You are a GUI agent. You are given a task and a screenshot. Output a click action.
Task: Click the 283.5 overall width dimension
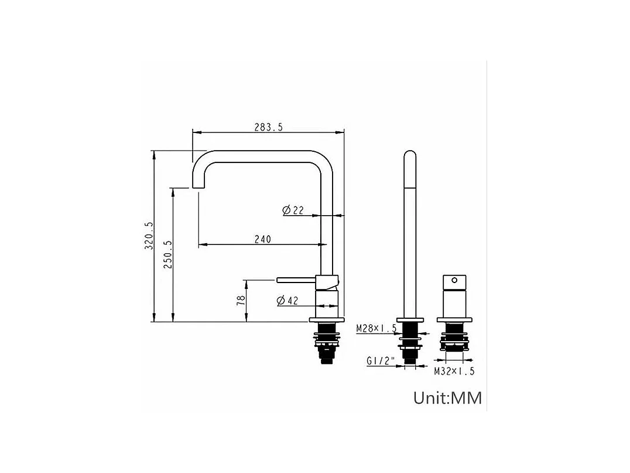pos(268,127)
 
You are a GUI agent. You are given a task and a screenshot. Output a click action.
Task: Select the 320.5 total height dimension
pos(148,236)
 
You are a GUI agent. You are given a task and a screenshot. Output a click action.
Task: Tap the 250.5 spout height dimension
pos(168,254)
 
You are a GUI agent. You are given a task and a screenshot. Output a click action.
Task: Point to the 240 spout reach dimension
pos(262,239)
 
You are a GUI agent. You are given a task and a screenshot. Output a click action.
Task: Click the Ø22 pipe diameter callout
pos(293,210)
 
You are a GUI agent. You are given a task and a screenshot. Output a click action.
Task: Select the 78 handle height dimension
pos(241,301)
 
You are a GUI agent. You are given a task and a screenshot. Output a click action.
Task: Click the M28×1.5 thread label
pos(376,329)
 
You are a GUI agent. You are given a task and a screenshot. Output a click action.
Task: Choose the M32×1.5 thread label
pos(454,371)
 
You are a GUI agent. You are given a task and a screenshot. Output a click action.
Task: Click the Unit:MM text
pos(448,398)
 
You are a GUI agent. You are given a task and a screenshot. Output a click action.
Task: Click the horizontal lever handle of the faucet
pos(296,280)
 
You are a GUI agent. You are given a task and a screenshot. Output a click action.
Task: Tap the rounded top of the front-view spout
pos(410,156)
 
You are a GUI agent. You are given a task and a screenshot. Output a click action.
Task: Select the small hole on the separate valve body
pos(453,281)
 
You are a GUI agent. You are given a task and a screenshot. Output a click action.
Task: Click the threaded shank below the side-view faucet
pos(327,352)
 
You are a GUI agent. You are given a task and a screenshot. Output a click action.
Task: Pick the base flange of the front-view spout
pos(410,320)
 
